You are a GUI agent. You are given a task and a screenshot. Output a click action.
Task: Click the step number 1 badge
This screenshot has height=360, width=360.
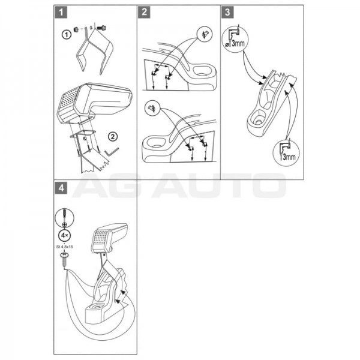61,12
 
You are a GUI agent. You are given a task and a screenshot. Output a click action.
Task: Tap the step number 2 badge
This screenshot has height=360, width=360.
144,12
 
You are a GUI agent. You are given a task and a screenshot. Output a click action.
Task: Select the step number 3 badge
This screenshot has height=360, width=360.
227,12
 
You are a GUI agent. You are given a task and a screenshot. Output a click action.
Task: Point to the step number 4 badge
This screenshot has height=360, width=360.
61,188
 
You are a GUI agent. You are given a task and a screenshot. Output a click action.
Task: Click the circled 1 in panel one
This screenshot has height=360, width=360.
67,35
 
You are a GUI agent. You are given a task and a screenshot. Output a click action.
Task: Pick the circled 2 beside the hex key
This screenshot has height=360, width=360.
113,137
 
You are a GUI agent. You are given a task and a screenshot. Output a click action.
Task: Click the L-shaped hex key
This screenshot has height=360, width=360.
112,152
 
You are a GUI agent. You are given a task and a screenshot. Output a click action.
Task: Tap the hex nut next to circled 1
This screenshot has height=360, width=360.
76,29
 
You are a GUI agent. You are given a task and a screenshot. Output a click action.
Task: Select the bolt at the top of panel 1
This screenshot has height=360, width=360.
101,28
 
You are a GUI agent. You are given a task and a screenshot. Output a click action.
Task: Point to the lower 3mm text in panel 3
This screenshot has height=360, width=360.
288,157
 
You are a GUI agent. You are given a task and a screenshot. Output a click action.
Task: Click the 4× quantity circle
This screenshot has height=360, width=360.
64,235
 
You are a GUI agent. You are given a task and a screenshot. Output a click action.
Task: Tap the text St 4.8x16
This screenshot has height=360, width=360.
65,247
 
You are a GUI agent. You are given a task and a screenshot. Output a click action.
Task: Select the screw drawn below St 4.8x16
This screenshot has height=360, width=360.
65,259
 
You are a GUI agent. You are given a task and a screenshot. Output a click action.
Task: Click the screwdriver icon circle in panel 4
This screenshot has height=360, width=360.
65,218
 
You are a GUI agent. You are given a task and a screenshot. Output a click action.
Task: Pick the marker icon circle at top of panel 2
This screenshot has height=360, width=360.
205,34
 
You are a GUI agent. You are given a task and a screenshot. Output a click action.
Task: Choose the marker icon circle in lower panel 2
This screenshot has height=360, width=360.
152,108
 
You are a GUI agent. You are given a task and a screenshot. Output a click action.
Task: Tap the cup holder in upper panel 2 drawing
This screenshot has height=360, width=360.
203,71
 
